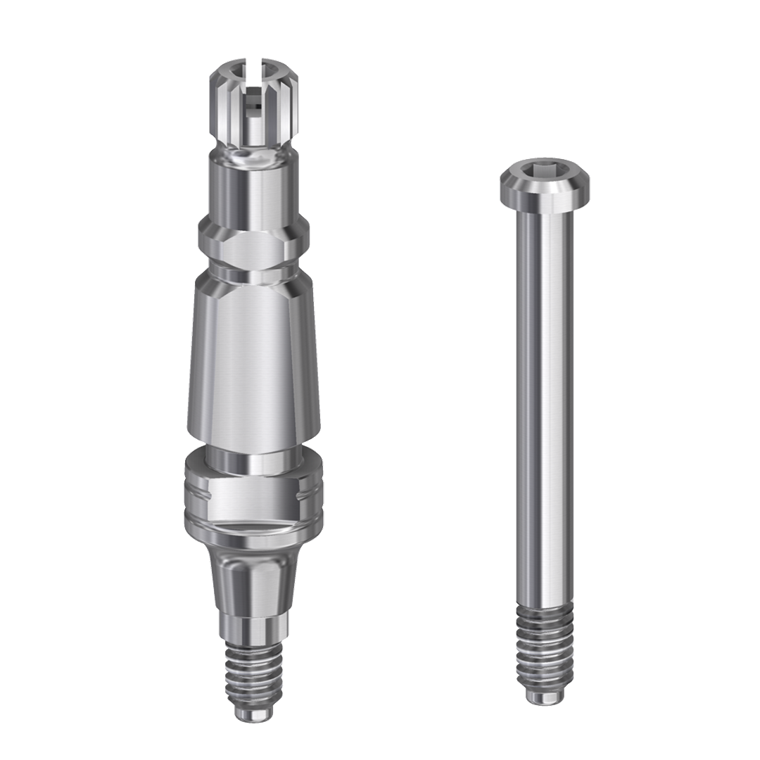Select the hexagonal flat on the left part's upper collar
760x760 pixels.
click(x=253, y=239)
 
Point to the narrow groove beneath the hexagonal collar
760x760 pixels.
click(x=253, y=270)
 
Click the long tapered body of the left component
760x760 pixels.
click(x=253, y=352)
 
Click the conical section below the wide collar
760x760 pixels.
click(x=253, y=577)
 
